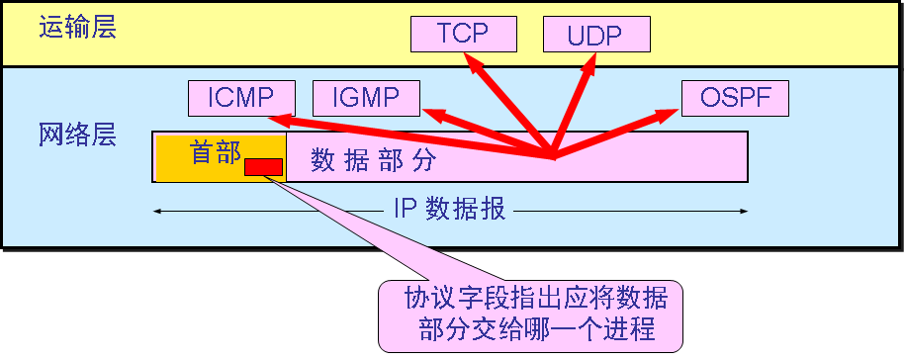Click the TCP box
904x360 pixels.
point(463,34)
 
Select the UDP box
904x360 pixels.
point(596,35)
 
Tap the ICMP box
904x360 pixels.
point(242,98)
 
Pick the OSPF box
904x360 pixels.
point(734,98)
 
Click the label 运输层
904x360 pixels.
point(77,27)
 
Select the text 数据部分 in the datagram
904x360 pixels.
point(373,159)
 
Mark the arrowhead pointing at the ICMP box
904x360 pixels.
point(280,120)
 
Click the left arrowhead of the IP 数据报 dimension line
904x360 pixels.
point(157,210)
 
